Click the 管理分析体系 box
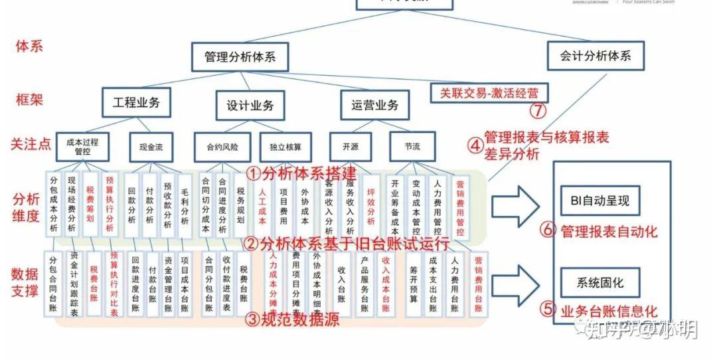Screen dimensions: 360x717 point(240,57)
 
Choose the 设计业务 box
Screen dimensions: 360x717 point(250,105)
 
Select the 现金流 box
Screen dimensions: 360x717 point(150,147)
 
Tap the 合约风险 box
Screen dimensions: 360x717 point(222,147)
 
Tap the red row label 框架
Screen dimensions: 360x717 point(29,100)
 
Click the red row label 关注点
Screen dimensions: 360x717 point(32,143)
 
